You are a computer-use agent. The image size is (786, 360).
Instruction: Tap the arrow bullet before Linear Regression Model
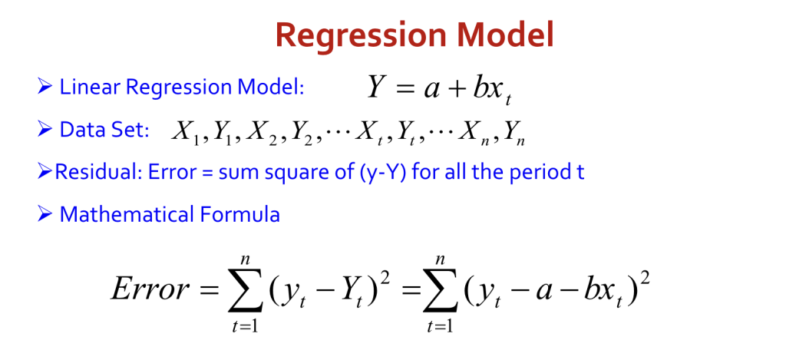(45, 88)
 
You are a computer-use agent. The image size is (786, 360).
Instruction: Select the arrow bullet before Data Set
(45, 130)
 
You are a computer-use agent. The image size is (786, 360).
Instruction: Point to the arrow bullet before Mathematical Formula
(45, 215)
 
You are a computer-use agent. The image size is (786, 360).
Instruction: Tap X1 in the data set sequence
(185, 132)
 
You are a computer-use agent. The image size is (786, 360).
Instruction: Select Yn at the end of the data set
(514, 132)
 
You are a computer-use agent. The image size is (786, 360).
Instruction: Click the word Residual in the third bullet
(98, 172)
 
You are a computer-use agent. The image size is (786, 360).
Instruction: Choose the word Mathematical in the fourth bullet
(127, 215)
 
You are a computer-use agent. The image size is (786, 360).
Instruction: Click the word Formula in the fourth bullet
(240, 215)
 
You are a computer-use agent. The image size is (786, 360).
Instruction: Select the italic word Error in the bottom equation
(150, 289)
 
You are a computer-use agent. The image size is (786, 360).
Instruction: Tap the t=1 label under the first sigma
(246, 326)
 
